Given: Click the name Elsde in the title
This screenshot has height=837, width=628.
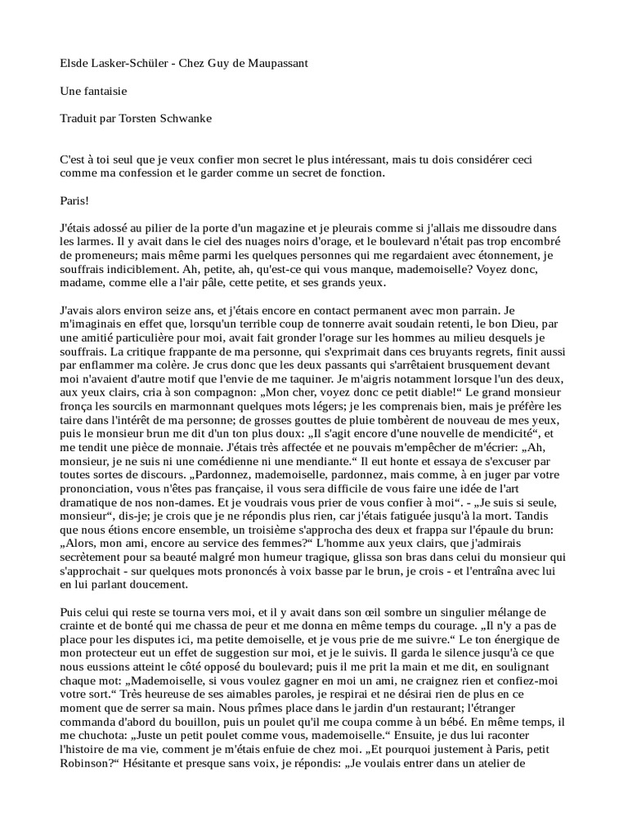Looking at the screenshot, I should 76,63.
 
